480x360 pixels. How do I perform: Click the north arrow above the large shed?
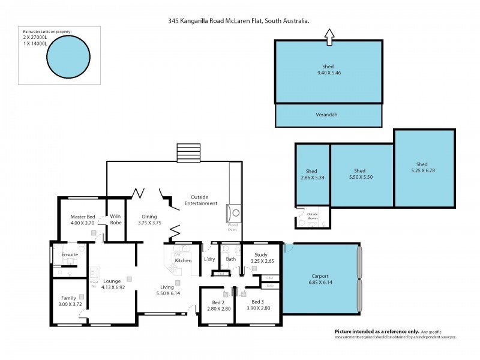[329, 37]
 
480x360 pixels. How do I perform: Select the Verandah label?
[327, 115]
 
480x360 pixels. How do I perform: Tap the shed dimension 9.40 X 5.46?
[327, 73]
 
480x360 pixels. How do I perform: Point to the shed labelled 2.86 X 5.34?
[311, 178]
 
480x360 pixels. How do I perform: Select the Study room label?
[260, 255]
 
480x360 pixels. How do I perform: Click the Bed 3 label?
[257, 301]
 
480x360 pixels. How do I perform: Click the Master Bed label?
[82, 217]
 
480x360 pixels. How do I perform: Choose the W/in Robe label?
[116, 219]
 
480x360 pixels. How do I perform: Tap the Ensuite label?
[70, 254]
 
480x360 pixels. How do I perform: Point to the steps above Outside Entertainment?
[188, 153]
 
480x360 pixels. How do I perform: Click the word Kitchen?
[182, 260]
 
